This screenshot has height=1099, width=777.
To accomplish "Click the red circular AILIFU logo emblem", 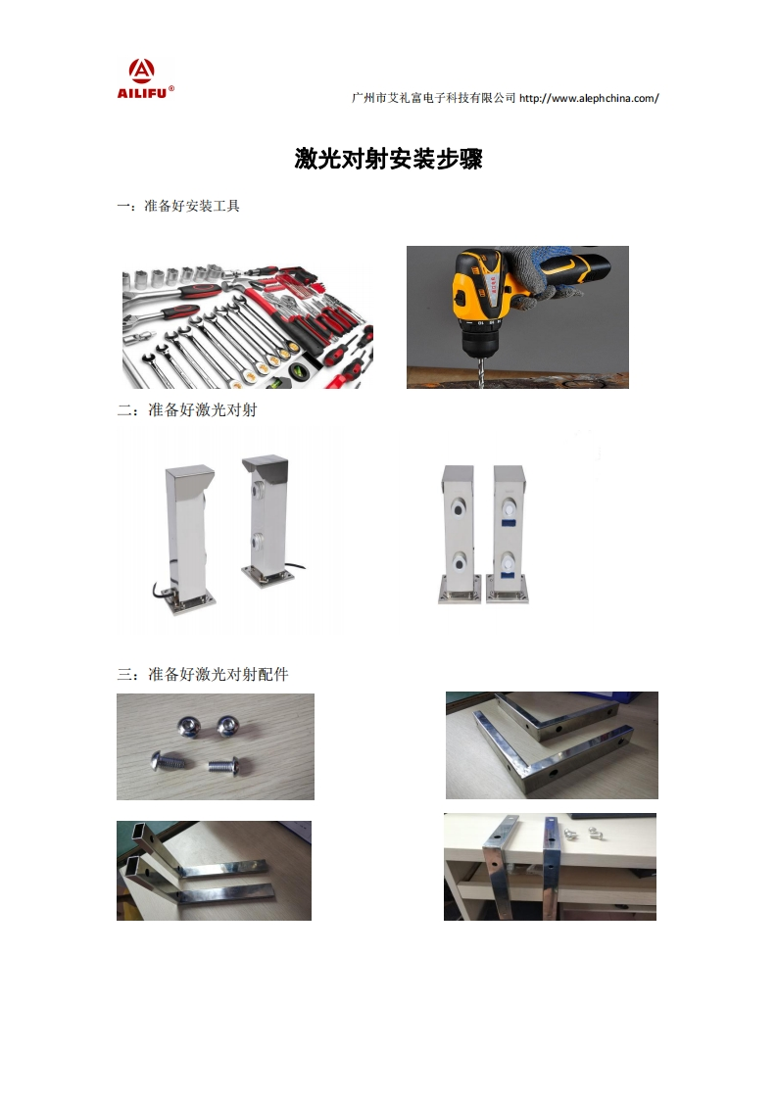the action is (x=142, y=71).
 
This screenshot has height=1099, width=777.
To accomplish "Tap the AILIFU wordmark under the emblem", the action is (x=142, y=92).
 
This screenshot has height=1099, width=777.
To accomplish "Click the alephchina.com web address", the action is (x=589, y=98).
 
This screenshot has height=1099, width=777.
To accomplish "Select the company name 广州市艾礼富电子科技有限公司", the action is (x=433, y=98).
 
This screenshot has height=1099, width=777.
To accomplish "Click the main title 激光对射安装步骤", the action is (x=388, y=159).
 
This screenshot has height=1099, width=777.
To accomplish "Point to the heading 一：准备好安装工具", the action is (x=178, y=206).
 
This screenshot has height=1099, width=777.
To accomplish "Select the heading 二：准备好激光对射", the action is (x=187, y=410).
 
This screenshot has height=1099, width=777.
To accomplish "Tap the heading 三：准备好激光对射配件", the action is (x=203, y=674).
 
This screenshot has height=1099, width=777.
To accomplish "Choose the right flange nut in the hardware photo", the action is (x=228, y=726).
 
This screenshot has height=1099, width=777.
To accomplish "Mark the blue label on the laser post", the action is (x=508, y=521).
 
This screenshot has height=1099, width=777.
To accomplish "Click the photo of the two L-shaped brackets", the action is (x=552, y=745).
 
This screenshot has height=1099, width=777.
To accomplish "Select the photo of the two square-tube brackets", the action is (x=214, y=871).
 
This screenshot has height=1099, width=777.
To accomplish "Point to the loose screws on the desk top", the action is (x=582, y=834).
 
